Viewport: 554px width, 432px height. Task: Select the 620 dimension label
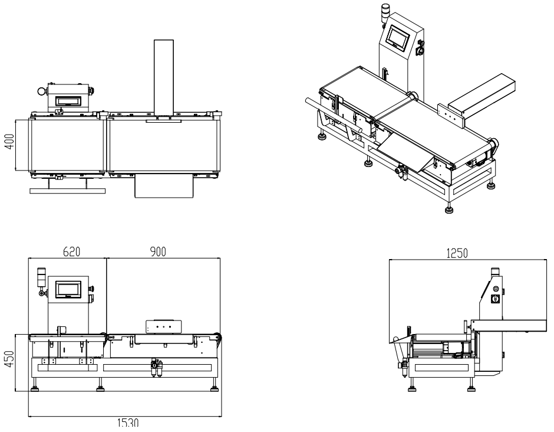point(72,251)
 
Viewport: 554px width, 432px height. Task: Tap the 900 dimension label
point(157,251)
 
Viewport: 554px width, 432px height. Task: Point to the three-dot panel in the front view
point(163,326)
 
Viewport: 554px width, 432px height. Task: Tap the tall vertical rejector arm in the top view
point(164,77)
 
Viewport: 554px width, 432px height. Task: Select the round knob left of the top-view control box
point(41,91)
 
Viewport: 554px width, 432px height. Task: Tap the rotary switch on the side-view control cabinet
point(496,299)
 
